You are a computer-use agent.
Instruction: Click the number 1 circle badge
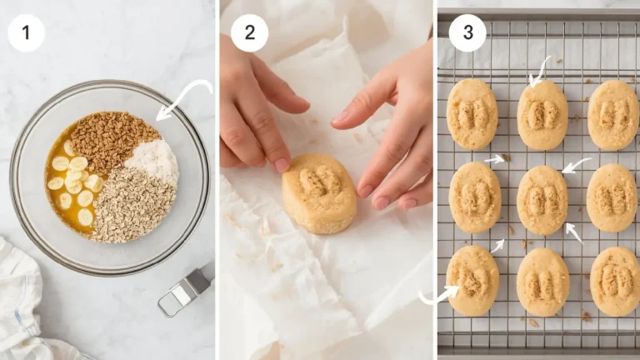pos(26,33)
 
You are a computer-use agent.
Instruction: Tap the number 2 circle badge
pos(249,33)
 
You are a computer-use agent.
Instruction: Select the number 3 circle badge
pos(467,33)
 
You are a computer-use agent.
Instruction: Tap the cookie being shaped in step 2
pos(319,192)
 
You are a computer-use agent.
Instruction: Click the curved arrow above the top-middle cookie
pos(540,71)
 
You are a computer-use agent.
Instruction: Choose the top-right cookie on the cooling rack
pos(613,115)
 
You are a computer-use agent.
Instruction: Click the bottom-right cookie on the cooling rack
pos(615,282)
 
